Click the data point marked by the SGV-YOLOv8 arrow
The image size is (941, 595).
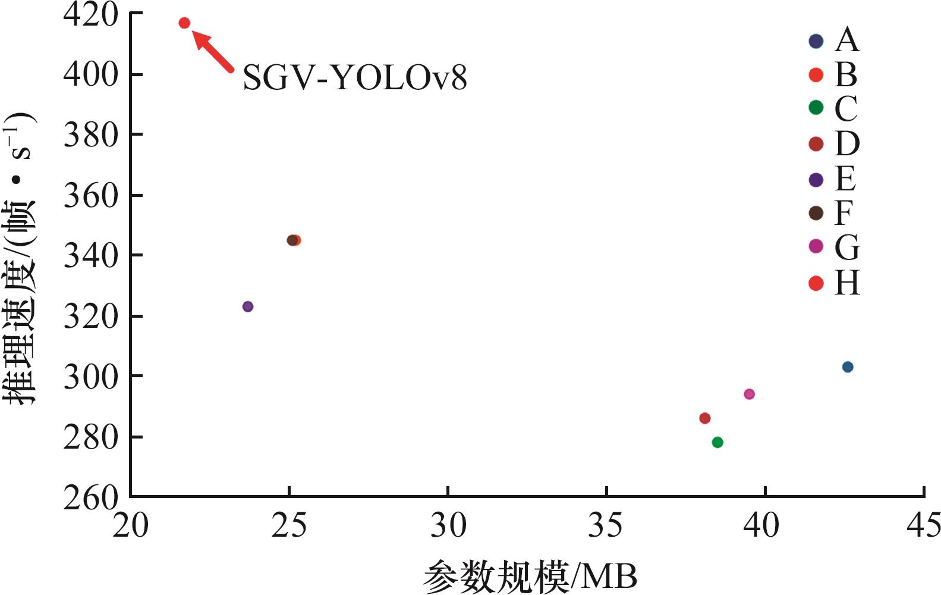(x=184, y=23)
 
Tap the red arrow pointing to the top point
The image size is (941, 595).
(x=213, y=52)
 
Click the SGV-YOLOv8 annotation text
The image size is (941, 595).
(x=355, y=78)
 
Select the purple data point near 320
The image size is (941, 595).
(x=248, y=306)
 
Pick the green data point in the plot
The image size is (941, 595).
(x=717, y=442)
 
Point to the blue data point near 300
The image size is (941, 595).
(x=848, y=367)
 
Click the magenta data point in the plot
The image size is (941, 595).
(x=749, y=394)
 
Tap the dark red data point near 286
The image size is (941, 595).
(x=705, y=418)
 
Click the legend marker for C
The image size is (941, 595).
(x=816, y=108)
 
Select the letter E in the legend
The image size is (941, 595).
(x=846, y=178)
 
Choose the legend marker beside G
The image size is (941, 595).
(x=816, y=246)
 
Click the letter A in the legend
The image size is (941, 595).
(x=847, y=40)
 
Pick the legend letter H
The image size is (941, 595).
(x=847, y=283)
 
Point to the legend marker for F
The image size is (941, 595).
(x=816, y=213)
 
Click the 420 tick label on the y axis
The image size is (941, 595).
(x=91, y=14)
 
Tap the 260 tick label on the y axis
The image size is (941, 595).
(x=91, y=497)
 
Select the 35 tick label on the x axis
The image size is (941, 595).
(x=606, y=525)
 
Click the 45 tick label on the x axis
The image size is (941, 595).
(x=923, y=525)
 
